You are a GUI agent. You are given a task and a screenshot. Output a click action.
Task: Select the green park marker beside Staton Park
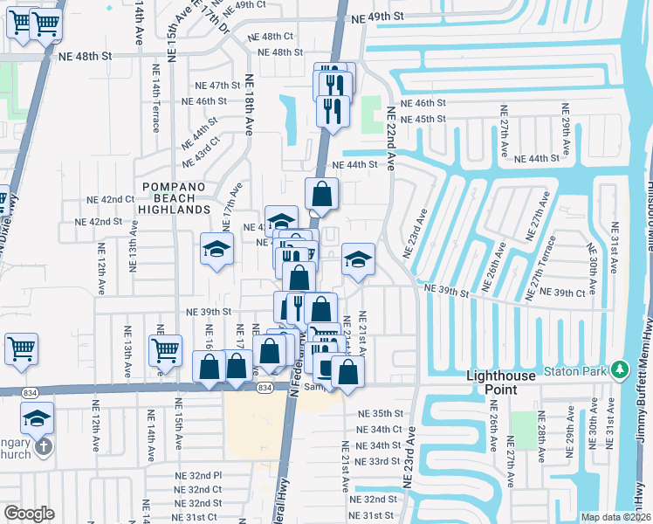pos(621,369)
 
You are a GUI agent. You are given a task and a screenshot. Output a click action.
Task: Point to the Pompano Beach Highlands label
pos(177,198)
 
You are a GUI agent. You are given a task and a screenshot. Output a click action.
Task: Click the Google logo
pos(29,514)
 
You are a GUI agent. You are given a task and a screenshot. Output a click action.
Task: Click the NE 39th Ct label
pos(563,293)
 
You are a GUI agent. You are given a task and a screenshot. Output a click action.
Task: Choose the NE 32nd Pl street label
pos(198,475)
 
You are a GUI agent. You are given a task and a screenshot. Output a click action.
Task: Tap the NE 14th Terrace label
pos(156,108)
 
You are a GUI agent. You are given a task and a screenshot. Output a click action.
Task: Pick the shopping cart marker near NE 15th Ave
pos(165,350)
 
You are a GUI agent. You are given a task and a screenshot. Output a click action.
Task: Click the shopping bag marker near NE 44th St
pos(322,195)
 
